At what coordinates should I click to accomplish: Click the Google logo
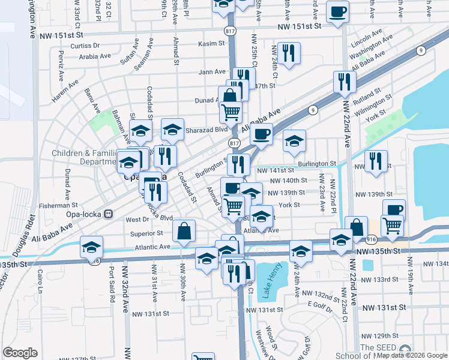click(x=20, y=353)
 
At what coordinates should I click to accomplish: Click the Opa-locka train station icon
click(x=109, y=214)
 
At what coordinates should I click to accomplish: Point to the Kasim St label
click(x=212, y=44)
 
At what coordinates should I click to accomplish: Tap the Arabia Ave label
click(x=95, y=56)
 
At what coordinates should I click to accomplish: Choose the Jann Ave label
click(x=212, y=72)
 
